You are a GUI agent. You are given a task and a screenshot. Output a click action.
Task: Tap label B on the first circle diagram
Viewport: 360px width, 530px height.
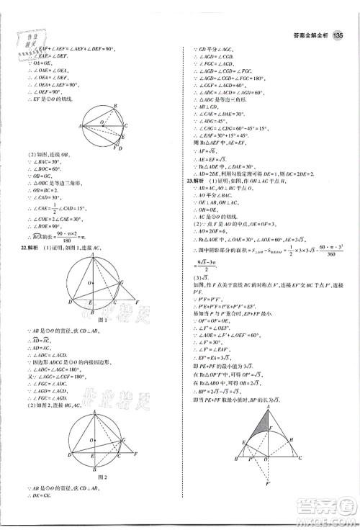(115, 106)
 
